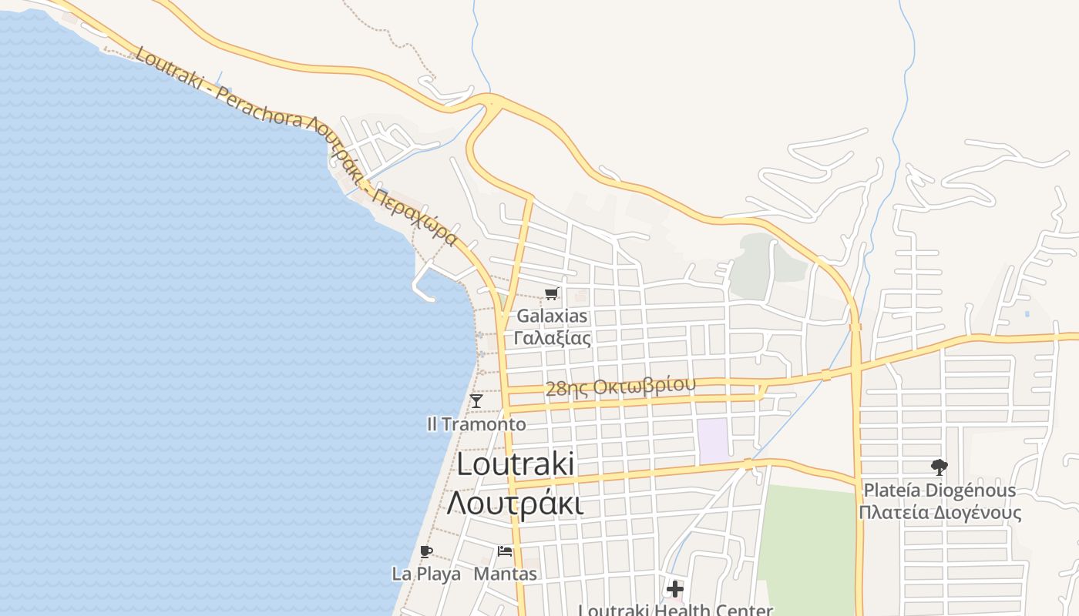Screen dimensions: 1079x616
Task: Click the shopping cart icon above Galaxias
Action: pos(551,293)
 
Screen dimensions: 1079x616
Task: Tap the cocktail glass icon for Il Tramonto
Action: pos(476,400)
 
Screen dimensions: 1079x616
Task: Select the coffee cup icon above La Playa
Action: pos(426,551)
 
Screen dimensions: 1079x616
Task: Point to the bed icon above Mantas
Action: pos(505,551)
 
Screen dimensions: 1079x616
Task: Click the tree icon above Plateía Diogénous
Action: pos(939,467)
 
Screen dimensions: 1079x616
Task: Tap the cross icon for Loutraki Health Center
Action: pos(675,590)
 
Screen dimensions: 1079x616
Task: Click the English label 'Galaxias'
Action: pos(552,316)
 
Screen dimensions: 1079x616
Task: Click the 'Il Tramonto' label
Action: pos(476,424)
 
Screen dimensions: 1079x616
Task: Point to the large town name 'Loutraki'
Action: pos(515,464)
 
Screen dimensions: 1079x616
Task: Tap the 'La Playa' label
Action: pos(426,574)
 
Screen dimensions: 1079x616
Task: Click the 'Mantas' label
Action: pos(505,574)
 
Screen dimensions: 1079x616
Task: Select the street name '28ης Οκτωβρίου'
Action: pos(620,387)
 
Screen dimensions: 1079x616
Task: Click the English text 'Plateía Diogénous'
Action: pos(939,490)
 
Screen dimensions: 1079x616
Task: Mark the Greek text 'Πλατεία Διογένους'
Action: pos(940,513)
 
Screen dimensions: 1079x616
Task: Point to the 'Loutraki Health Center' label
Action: pos(675,610)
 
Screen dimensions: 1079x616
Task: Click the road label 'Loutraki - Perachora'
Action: pos(220,87)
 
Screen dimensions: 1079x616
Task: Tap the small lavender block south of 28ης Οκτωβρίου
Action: pos(713,440)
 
